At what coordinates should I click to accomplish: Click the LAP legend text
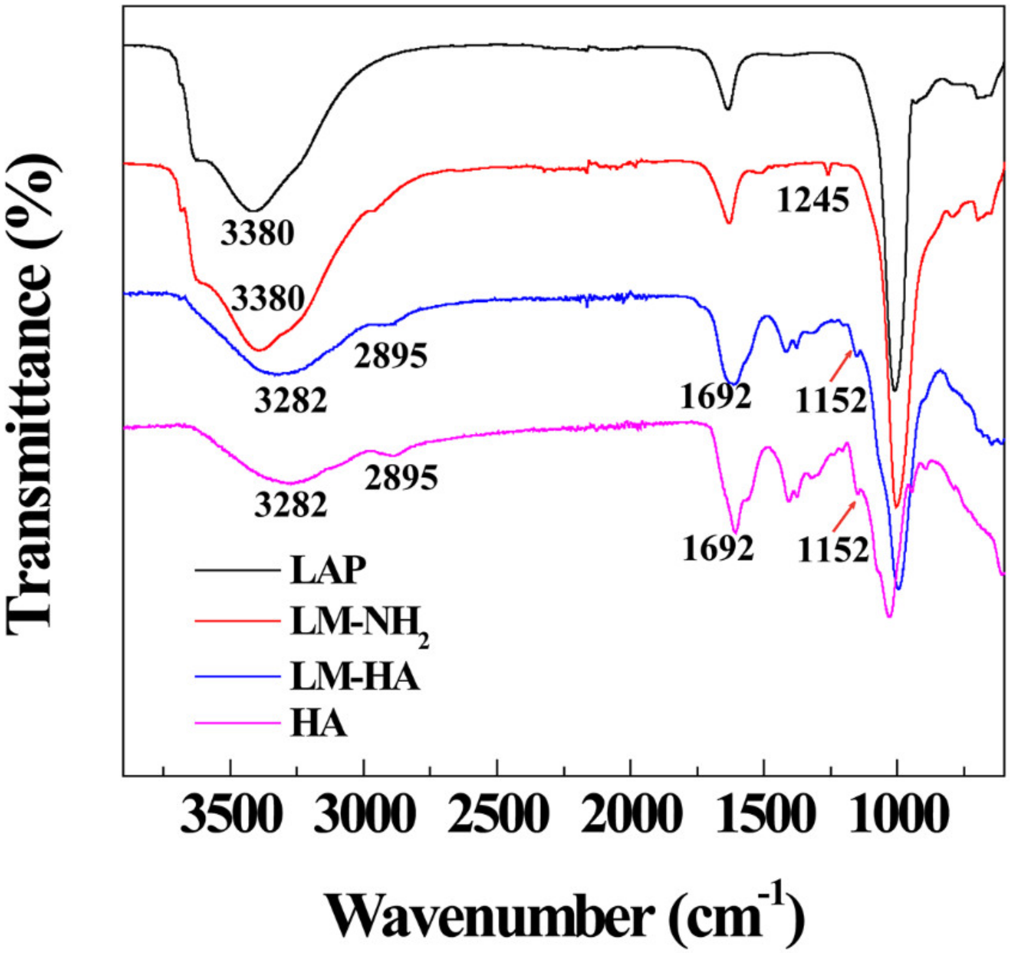click(328, 571)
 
